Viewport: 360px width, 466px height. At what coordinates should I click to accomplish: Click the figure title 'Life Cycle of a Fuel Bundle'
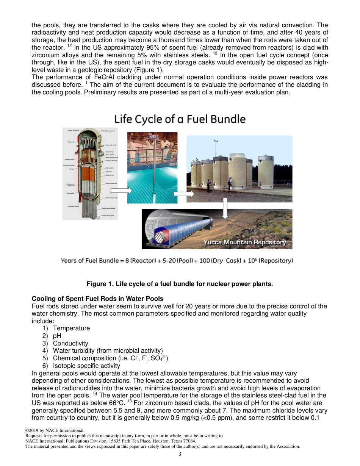(x=180, y=119)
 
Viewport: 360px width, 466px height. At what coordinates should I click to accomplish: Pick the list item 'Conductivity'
(x=70, y=343)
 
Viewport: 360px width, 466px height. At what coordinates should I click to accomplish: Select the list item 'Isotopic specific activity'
(x=86, y=366)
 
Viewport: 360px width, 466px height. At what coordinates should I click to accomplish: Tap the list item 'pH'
(x=57, y=336)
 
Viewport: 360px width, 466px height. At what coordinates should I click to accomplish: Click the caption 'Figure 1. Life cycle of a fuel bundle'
(x=180, y=284)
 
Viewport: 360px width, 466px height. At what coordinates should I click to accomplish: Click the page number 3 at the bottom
(x=180, y=454)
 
